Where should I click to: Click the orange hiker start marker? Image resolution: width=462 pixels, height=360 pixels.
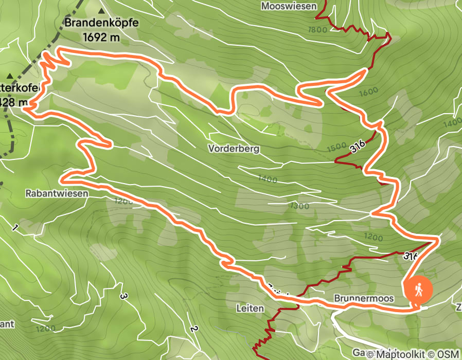pyautogui.click(x=419, y=290)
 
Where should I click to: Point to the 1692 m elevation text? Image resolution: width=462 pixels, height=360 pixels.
pyautogui.click(x=101, y=37)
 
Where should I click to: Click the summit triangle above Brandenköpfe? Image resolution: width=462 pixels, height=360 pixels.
pyautogui.click(x=101, y=10)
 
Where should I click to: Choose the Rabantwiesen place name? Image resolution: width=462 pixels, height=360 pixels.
pyautogui.click(x=57, y=194)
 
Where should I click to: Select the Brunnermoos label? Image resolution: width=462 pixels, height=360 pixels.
pyautogui.click(x=364, y=298)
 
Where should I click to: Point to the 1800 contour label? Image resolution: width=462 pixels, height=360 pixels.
pyautogui.click(x=317, y=29)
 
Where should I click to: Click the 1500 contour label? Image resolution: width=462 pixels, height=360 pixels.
pyautogui.click(x=336, y=148)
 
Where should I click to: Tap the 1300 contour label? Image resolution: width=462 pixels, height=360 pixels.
pyautogui.click(x=299, y=206)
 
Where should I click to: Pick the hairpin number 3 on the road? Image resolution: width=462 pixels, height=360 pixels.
pyautogui.click(x=123, y=296)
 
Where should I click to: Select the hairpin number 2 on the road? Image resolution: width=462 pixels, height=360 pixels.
pyautogui.click(x=193, y=329)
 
